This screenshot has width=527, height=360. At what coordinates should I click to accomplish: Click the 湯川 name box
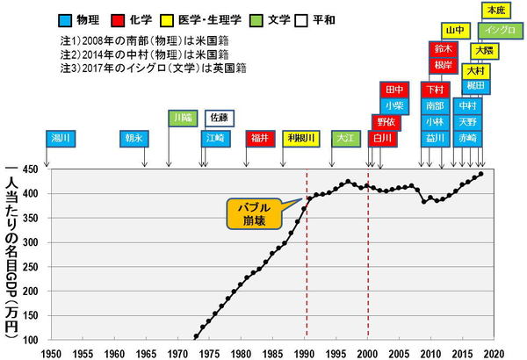coord(60,138)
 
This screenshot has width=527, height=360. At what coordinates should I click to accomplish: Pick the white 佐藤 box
coord(219,117)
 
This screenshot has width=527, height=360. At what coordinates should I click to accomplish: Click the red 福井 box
coord(259,138)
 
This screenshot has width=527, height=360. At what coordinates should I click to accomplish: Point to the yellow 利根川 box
coord(300,138)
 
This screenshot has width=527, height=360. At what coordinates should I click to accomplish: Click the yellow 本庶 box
coord(495,10)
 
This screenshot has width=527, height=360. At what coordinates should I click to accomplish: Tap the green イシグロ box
coord(493,31)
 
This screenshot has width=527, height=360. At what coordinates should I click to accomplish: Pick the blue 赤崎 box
coord(467,138)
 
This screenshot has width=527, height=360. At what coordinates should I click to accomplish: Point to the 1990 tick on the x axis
coord(306,351)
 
